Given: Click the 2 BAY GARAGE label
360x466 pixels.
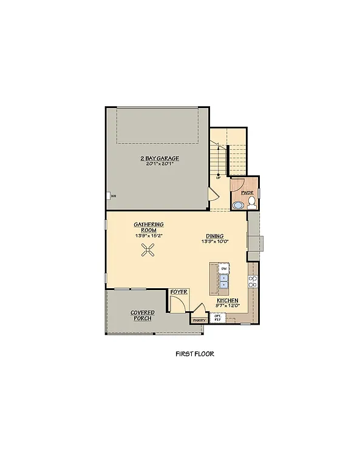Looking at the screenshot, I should click(160, 158).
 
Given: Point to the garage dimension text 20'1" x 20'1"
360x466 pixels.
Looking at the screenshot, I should click(160, 164).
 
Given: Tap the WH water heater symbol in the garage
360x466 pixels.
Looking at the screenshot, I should click(113, 196).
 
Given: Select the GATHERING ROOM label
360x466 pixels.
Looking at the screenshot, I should click(149, 228).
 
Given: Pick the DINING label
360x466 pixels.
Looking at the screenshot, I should click(214, 236).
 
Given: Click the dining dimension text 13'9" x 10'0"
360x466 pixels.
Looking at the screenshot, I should click(214, 241).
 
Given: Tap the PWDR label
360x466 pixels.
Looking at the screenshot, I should click(247, 192).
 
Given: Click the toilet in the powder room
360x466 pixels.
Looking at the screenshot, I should click(251, 204).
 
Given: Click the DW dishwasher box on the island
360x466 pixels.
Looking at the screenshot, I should click(224, 268).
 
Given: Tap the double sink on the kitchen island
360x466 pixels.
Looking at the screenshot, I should click(224, 280).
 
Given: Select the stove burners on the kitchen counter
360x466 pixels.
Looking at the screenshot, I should click(253, 281).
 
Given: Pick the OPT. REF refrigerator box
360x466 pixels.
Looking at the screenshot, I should click(217, 317).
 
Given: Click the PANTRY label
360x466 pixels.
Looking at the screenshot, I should click(199, 320).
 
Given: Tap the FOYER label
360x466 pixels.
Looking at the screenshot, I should click(178, 292).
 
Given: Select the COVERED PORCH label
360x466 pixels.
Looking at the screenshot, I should click(142, 316).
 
